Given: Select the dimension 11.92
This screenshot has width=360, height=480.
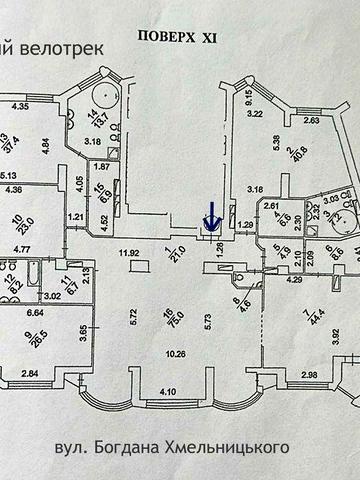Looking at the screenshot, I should [129, 253].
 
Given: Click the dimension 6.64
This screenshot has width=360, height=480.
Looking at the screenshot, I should [36, 313].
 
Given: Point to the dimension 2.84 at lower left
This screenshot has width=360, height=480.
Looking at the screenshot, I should [29, 374].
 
